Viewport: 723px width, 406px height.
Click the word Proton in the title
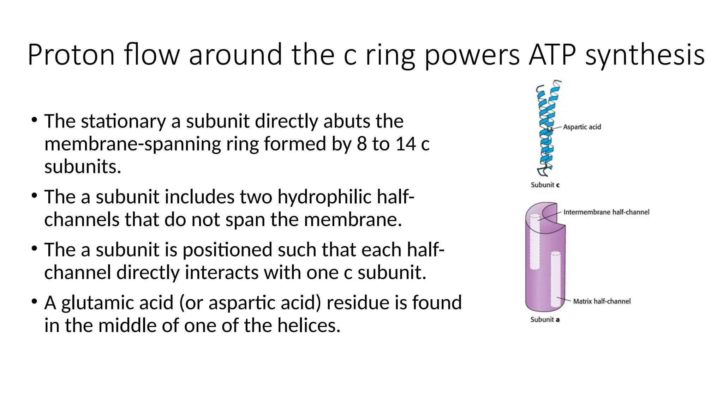pos(71,55)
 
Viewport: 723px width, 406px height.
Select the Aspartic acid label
pos(582,127)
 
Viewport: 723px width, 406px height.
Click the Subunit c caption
pos(545,185)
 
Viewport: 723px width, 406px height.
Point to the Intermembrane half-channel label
pos(606,212)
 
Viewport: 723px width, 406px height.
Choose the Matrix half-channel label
pos(602,301)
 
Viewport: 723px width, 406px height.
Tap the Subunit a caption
pos(545,320)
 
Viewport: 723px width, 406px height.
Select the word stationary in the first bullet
pos(123,121)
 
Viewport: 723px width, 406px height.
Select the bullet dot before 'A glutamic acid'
pos(34,302)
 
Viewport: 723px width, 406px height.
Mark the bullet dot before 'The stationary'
pos(34,120)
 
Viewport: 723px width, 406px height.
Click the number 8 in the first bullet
pos(362,144)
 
